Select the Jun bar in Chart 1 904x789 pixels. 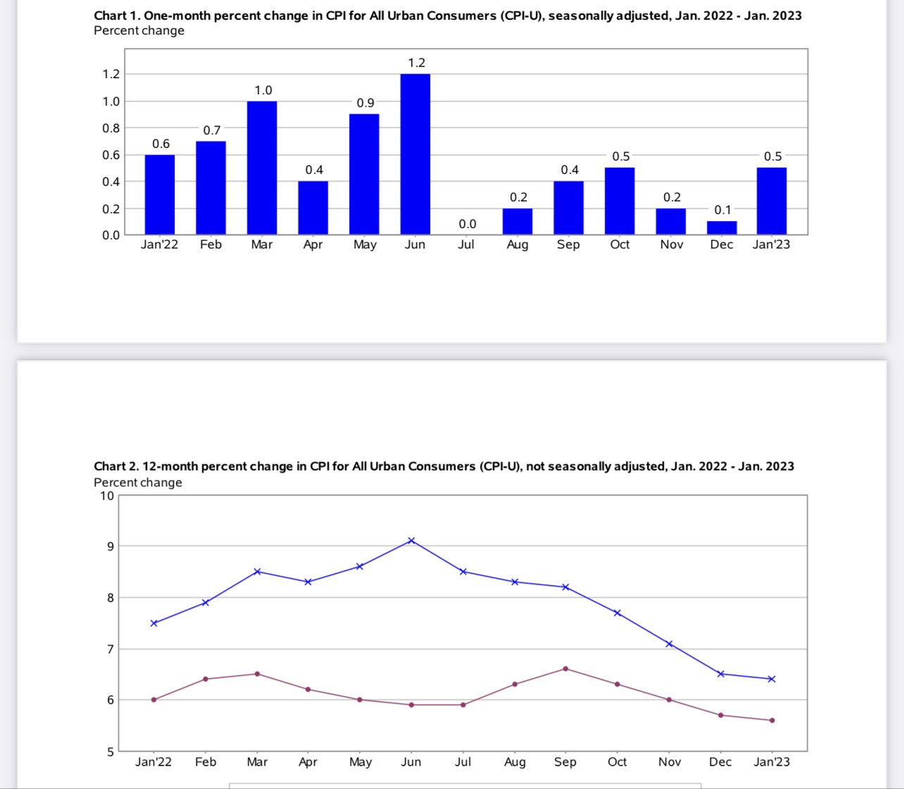point(415,154)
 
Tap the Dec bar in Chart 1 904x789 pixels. point(722,227)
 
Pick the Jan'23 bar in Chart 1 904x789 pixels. point(772,201)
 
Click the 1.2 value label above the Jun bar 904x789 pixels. point(417,63)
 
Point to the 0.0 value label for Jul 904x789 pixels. point(467,224)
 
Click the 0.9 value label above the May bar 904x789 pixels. point(365,103)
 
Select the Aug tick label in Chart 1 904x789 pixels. point(517,244)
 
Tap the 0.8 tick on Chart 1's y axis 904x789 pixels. point(111,128)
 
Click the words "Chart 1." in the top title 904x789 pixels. point(116,15)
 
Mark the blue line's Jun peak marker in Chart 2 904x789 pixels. point(412,541)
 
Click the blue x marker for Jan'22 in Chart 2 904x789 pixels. point(153,623)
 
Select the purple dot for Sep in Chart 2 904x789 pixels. point(566,669)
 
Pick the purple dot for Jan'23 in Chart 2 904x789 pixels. point(772,720)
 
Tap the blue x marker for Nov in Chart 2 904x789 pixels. point(670,644)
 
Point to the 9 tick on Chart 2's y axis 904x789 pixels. point(110,546)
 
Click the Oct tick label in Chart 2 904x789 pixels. point(617,762)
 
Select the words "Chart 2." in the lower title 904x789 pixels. point(116,466)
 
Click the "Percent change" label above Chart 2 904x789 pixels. point(138,482)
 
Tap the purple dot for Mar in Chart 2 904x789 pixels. point(257,674)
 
